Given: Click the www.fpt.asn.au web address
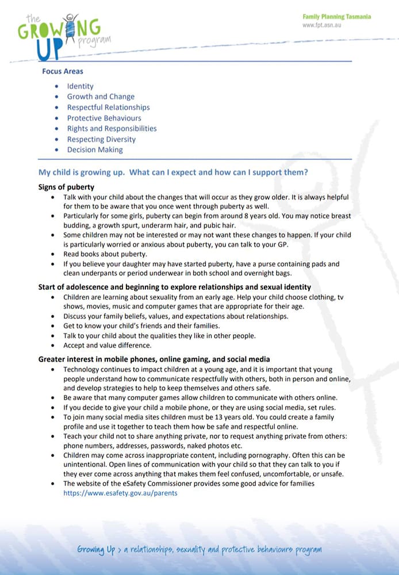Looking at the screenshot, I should (322, 25).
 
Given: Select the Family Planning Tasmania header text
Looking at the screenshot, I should (336, 17).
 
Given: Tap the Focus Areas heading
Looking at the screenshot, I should (63, 71).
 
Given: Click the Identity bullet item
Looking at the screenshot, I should (80, 86).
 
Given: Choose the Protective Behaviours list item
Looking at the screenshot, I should (104, 118).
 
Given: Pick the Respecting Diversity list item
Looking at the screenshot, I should (101, 139).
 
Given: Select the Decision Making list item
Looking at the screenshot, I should (95, 149).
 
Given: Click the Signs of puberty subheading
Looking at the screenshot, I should (66, 187).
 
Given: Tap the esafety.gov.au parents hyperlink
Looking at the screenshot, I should (120, 493).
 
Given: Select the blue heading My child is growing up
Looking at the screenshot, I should (172, 172).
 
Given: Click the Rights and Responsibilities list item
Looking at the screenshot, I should (112, 128).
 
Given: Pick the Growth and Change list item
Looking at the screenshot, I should (101, 97).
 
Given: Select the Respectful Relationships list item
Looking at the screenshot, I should (108, 108).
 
